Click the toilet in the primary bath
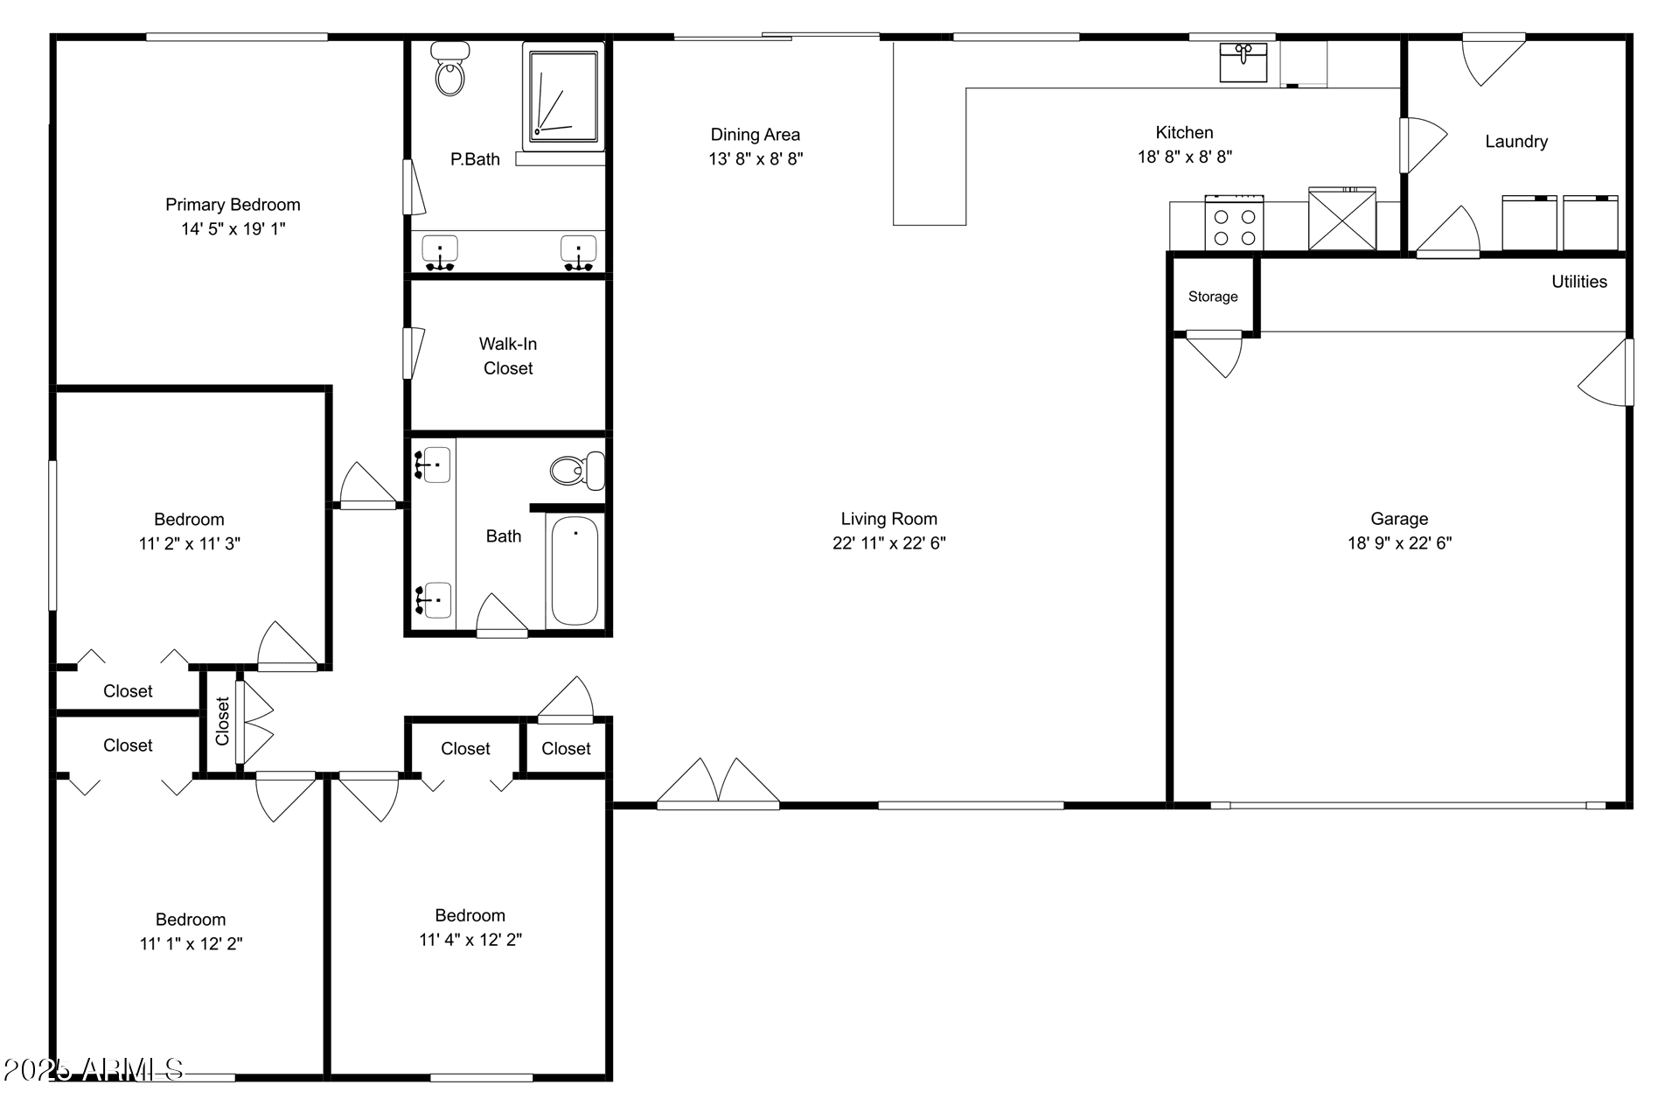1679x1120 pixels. tap(450, 68)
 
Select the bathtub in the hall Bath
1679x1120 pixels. tap(575, 570)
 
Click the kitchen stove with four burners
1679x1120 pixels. tap(1234, 222)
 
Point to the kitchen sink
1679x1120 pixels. tap(1244, 61)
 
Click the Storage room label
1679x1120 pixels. tap(1213, 297)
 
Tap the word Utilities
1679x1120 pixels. tap(1579, 282)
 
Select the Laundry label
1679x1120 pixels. tap(1516, 142)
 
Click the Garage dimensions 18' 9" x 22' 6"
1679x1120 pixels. tap(1399, 543)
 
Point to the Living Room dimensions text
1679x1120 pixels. tap(889, 543)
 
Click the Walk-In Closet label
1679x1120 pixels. tap(508, 356)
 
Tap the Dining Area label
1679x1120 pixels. tap(756, 135)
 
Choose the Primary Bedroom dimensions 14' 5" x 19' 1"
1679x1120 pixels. tap(233, 229)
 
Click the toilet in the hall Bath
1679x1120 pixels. tap(577, 471)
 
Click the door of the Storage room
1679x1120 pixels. tap(1214, 353)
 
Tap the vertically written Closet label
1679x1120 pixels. tap(222, 721)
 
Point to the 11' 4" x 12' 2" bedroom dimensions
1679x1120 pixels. tap(470, 940)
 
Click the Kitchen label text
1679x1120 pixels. tap(1185, 133)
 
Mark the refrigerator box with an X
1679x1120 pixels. tap(1342, 220)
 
